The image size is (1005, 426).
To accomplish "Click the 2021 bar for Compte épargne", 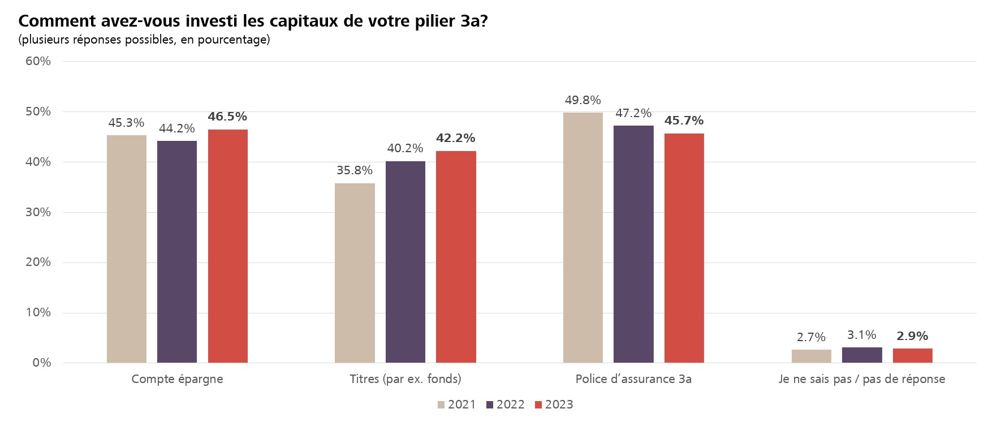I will pos(126,249).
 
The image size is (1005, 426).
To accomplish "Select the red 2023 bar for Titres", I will pos(456,257).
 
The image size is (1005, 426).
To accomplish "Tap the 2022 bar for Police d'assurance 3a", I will pos(633,244).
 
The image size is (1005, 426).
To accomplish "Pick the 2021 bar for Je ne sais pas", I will pos(811,356).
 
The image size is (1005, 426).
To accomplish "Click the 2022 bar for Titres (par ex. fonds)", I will pos(405,262).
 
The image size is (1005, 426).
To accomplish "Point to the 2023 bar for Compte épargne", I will pos(227,246).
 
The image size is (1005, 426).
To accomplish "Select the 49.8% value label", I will pos(583,101).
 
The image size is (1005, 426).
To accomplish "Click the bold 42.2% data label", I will pos(456,139).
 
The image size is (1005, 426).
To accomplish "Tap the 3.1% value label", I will pos(861,335).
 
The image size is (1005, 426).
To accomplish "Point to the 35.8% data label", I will pos(355,170).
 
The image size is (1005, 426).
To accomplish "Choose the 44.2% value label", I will pos(176,129).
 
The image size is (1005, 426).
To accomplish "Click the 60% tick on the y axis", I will pos(38,61).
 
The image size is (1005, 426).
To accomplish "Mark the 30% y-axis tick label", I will pos(38,212).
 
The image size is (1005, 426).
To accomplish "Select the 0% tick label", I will pos(41,363).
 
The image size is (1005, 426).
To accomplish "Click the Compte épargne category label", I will pos(177,379).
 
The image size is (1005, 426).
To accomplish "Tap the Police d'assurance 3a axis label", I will pos(633,379).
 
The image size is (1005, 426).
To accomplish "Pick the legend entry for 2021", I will pos(456,405).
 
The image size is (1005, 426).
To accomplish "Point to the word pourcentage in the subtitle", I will pos(233,40).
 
